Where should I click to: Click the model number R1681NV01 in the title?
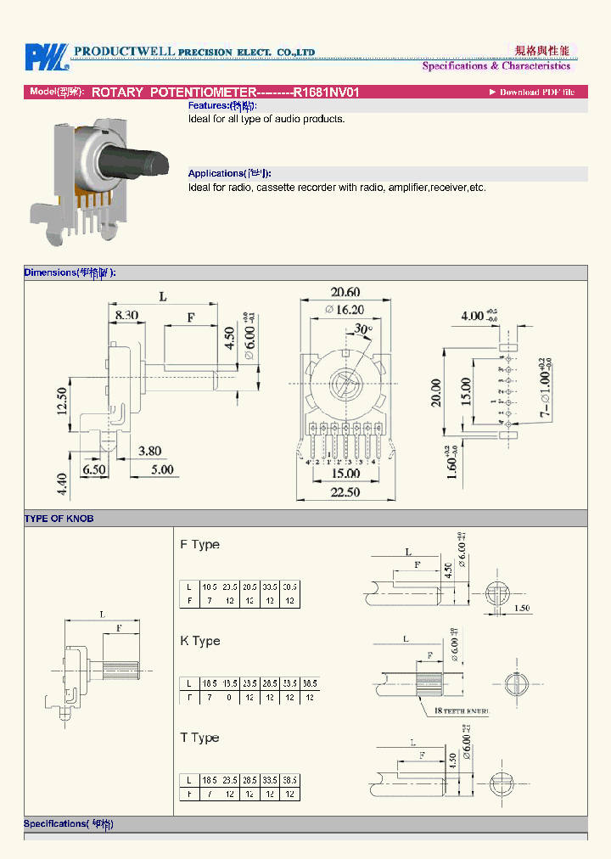327,92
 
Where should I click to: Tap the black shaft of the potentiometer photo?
148,160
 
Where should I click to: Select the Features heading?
221,106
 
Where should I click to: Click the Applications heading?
230,173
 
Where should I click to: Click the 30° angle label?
363,328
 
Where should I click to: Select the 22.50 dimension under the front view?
345,491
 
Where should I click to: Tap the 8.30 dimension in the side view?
126,315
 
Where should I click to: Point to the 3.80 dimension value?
149,452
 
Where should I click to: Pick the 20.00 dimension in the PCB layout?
436,392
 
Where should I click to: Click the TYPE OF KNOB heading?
59,519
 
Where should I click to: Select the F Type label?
199,544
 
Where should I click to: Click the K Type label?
200,641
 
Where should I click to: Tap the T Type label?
199,738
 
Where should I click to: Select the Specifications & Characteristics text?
496,66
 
